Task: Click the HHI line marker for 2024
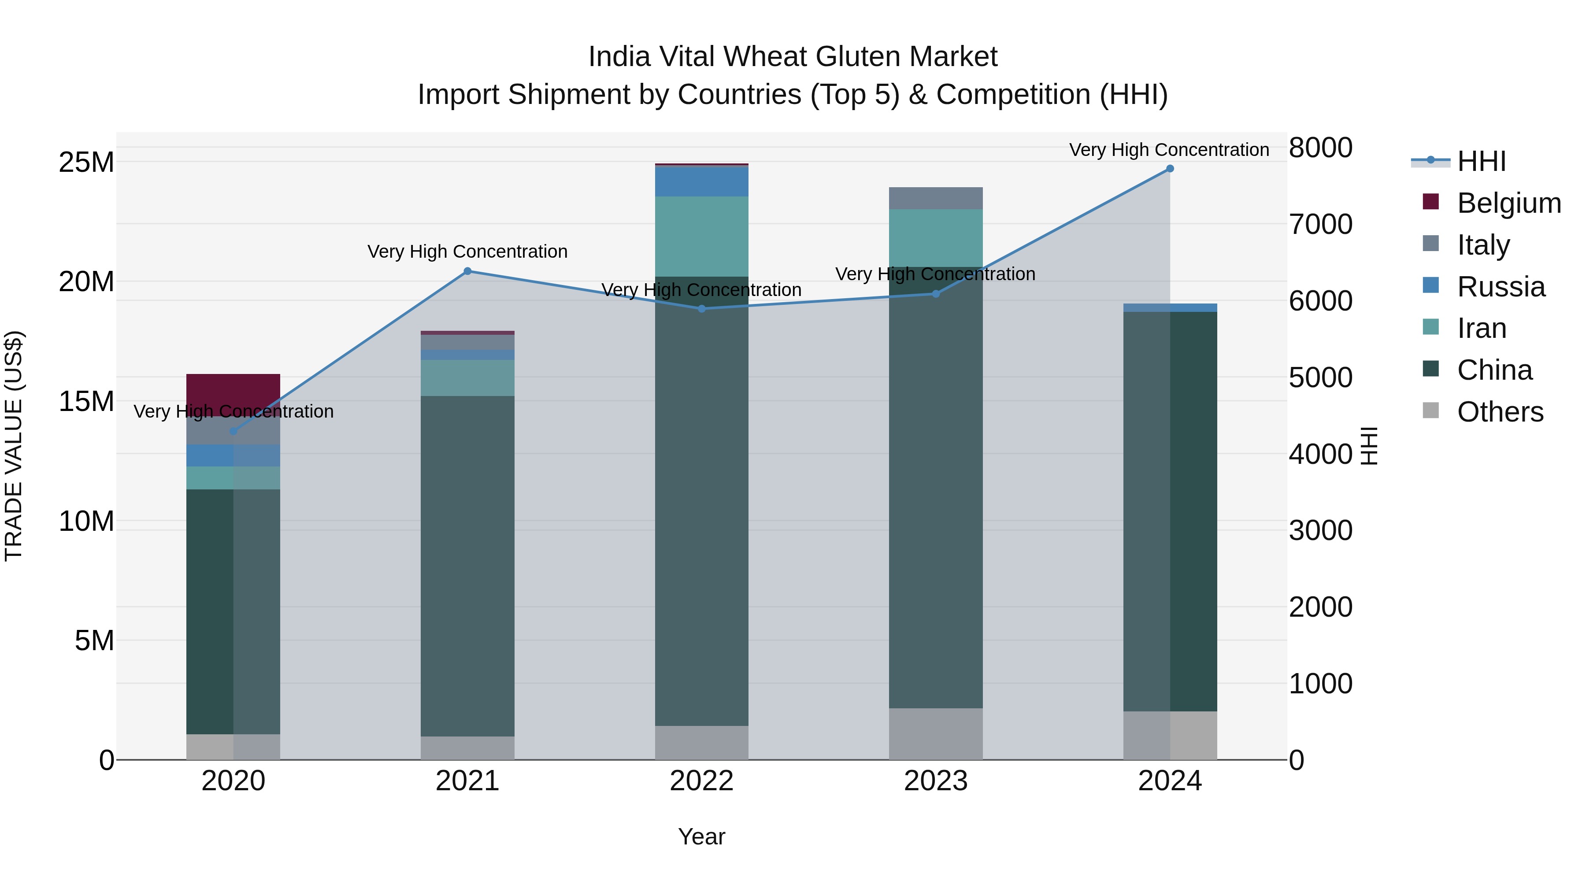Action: (x=1170, y=169)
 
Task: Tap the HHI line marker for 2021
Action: (x=467, y=271)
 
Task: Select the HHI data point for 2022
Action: (x=702, y=308)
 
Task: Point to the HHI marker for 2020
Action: (x=233, y=432)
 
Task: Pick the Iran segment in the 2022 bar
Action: (x=702, y=237)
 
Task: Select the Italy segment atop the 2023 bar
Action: (x=936, y=198)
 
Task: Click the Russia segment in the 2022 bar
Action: (x=702, y=181)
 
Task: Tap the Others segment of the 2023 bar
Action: (x=936, y=734)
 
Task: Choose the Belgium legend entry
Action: (x=1508, y=203)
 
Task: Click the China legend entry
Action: (x=1494, y=370)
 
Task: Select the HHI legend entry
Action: (x=1481, y=161)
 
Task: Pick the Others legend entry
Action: (x=1500, y=412)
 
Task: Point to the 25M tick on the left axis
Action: (x=86, y=163)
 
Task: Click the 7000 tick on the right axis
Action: (x=1321, y=224)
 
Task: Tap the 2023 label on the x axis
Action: (x=936, y=781)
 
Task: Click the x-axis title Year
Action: (x=702, y=836)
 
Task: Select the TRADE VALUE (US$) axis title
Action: (x=14, y=446)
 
